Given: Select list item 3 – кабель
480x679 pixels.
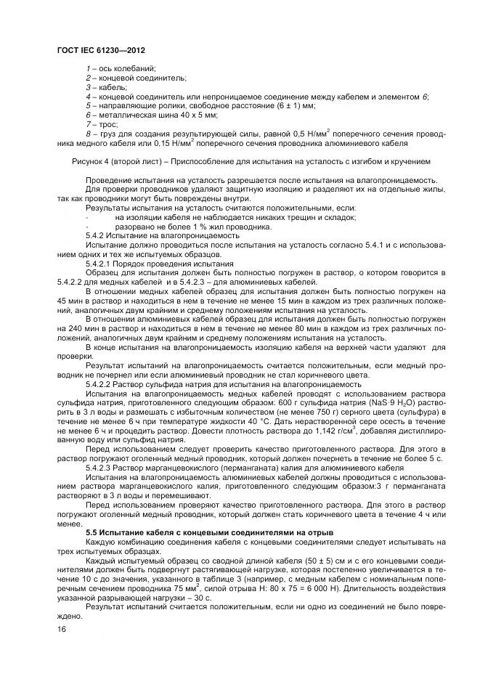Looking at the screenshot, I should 106,86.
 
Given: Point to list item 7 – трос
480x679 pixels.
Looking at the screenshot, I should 103,124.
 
